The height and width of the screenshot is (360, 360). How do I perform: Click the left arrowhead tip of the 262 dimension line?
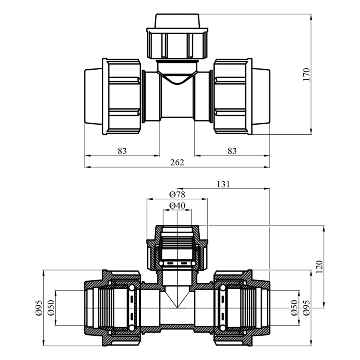[85, 167]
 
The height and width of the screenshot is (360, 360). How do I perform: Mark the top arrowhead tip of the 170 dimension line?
[311, 14]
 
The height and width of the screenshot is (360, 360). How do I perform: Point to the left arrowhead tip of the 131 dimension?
[177, 189]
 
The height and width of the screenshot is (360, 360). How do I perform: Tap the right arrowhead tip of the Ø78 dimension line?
[207, 199]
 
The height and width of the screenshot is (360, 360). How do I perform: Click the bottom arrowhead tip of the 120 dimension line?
[324, 308]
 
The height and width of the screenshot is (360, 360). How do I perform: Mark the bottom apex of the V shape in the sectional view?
[177, 308]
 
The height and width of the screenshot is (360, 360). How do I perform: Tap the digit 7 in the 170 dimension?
[307, 74]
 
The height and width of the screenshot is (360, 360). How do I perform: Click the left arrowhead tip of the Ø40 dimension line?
[163, 210]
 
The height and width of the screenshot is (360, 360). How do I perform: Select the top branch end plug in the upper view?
[177, 21]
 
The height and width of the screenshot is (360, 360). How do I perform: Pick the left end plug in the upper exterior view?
[93, 96]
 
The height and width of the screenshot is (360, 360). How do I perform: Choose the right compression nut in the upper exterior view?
[233, 96]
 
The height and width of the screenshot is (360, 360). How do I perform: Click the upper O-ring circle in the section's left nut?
[132, 288]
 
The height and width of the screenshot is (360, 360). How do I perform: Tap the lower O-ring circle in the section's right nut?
[223, 328]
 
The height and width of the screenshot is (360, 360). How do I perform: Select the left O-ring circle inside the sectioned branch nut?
[161, 263]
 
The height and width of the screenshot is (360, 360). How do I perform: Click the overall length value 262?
[177, 163]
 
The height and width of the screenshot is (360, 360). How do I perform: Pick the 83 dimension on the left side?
[122, 151]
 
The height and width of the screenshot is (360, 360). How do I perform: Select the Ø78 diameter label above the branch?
[177, 195]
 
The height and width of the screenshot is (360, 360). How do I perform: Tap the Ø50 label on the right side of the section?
[295, 308]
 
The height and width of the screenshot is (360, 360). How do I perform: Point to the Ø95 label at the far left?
[39, 308]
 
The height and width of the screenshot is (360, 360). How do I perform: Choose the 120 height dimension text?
[319, 267]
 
